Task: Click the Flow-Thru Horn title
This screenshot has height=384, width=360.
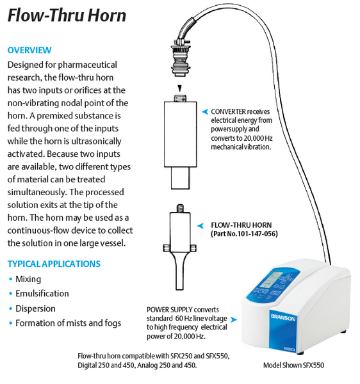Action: click(x=67, y=15)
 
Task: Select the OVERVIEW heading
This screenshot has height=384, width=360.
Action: click(x=29, y=50)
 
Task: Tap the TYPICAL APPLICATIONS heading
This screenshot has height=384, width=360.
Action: click(x=54, y=264)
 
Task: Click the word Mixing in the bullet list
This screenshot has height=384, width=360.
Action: click(x=28, y=279)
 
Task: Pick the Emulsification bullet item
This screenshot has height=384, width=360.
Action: click(x=42, y=293)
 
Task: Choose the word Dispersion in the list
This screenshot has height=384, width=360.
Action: click(x=35, y=308)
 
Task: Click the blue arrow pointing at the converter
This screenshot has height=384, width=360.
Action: click(x=205, y=111)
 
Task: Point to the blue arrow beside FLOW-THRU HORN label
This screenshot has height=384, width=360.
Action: click(x=200, y=225)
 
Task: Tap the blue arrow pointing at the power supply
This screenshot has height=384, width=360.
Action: click(x=234, y=319)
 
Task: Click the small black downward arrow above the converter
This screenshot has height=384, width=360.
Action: click(x=180, y=88)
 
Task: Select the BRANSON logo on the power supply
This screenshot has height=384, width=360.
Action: click(x=283, y=317)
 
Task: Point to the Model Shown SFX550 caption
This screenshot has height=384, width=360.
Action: click(x=293, y=365)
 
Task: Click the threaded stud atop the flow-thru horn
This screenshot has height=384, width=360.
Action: click(x=180, y=209)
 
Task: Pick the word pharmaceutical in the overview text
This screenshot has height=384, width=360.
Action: click(x=88, y=65)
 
